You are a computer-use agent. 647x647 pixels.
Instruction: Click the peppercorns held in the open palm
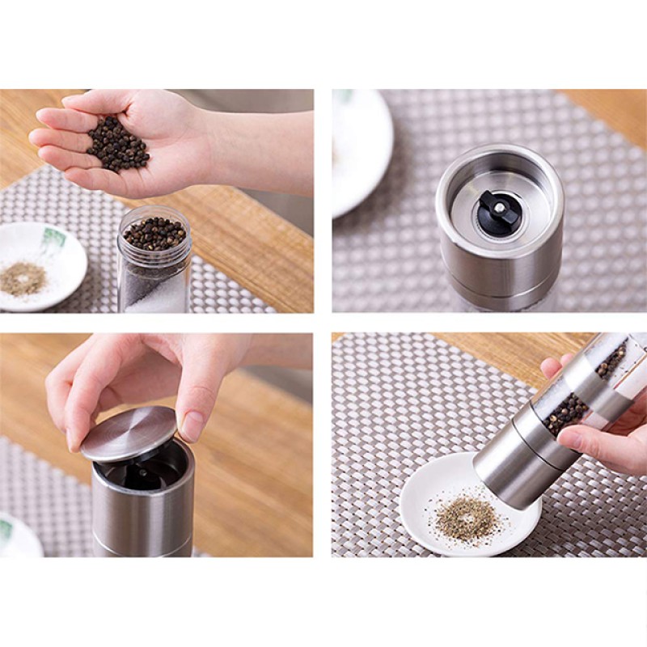118,145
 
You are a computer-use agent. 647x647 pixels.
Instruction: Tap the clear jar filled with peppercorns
154,259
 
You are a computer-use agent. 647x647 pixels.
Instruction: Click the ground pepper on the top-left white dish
23,279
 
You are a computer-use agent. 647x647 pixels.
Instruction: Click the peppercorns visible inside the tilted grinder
566,408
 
